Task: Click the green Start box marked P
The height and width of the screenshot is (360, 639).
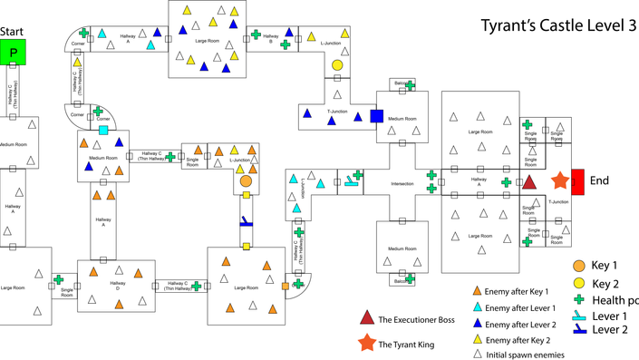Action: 14,53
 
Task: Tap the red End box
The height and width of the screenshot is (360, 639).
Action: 576,181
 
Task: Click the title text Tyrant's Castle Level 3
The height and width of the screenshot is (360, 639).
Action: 557,25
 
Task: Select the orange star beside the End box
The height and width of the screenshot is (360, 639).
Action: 558,181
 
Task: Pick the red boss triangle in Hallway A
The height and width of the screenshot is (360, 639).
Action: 529,182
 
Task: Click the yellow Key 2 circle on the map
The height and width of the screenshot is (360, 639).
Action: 337,65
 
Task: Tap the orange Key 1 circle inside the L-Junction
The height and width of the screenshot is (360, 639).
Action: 246,181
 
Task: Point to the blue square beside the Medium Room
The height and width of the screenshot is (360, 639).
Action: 377,116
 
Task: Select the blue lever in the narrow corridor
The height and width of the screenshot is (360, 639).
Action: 246,221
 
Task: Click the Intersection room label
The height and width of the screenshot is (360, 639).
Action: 402,185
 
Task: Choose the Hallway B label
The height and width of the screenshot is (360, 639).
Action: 269,38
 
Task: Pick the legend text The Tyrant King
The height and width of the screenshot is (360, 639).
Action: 408,345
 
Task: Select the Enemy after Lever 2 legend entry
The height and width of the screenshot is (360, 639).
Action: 520,324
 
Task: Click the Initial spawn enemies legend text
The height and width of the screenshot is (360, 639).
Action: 525,355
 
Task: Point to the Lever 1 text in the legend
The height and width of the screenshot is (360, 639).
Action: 609,316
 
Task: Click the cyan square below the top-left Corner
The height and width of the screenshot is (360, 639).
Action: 103,131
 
